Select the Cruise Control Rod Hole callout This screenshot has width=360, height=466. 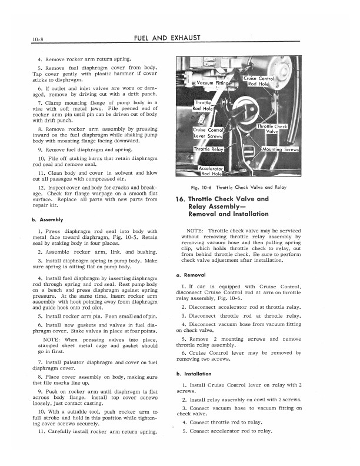click(259, 81)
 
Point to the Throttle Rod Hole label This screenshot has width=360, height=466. click(204, 105)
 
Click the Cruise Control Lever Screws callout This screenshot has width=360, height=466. click(208, 133)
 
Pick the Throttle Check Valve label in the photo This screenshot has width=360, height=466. click(272, 129)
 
